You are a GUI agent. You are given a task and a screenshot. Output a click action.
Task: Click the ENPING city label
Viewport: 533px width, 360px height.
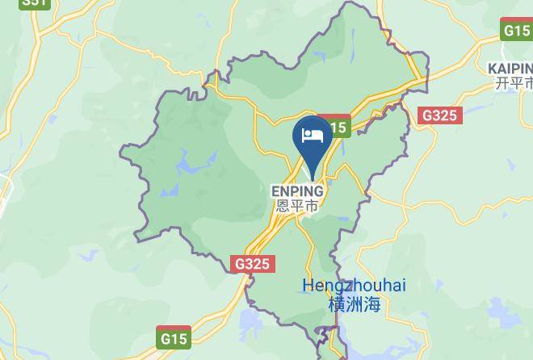pyautogui.click(x=296, y=191)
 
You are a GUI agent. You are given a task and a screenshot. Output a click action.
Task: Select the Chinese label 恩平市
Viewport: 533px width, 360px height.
pyautogui.click(x=296, y=206)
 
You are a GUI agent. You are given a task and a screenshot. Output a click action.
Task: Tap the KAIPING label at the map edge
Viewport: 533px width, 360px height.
pyautogui.click(x=510, y=68)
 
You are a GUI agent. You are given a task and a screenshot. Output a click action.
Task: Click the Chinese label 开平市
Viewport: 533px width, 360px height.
pyautogui.click(x=514, y=83)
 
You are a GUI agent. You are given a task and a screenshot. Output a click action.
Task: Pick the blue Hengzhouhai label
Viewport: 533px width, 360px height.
pyautogui.click(x=355, y=286)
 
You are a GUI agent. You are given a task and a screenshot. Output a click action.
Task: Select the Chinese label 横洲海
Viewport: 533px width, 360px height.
pyautogui.click(x=355, y=304)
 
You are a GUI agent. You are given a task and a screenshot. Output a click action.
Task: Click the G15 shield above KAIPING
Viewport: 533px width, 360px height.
pyautogui.click(x=516, y=31)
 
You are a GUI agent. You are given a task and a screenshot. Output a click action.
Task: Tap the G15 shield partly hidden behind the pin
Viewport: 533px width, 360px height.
pyautogui.click(x=337, y=127)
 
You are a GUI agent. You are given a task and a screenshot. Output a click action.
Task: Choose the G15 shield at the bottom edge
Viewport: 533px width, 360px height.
pyautogui.click(x=173, y=337)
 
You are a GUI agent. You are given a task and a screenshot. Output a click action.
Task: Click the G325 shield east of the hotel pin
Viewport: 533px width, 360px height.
pyautogui.click(x=440, y=115)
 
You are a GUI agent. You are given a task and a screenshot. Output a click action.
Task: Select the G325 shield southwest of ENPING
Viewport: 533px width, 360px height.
pyautogui.click(x=254, y=264)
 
